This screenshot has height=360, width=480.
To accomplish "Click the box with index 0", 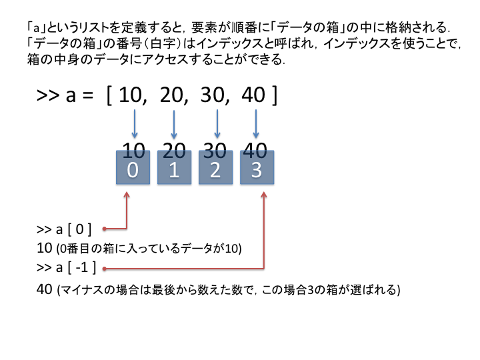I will [133, 168].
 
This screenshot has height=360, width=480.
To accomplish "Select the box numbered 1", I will [174, 168].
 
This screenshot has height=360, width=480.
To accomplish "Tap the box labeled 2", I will [215, 168].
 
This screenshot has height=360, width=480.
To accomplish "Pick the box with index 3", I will [257, 168].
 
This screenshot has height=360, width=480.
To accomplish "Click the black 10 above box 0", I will [133, 149].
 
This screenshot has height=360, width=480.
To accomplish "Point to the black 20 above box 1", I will [174, 149].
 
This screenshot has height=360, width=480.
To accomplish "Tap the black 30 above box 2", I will [215, 149].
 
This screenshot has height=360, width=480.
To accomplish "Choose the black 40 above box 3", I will [257, 149].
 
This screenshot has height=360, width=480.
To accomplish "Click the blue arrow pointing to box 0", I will [135, 125].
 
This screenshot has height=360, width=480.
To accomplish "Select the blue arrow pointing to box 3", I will [257, 125].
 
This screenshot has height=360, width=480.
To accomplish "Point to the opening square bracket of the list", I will [109, 95].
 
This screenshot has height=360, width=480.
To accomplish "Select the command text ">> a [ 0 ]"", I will [64, 229].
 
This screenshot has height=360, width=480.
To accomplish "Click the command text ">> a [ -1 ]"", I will [67, 268].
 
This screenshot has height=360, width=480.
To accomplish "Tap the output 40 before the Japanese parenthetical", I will [44, 290].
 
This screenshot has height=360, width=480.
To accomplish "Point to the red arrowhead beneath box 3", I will [265, 195].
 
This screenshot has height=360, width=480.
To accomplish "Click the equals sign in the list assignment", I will [89, 96].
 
